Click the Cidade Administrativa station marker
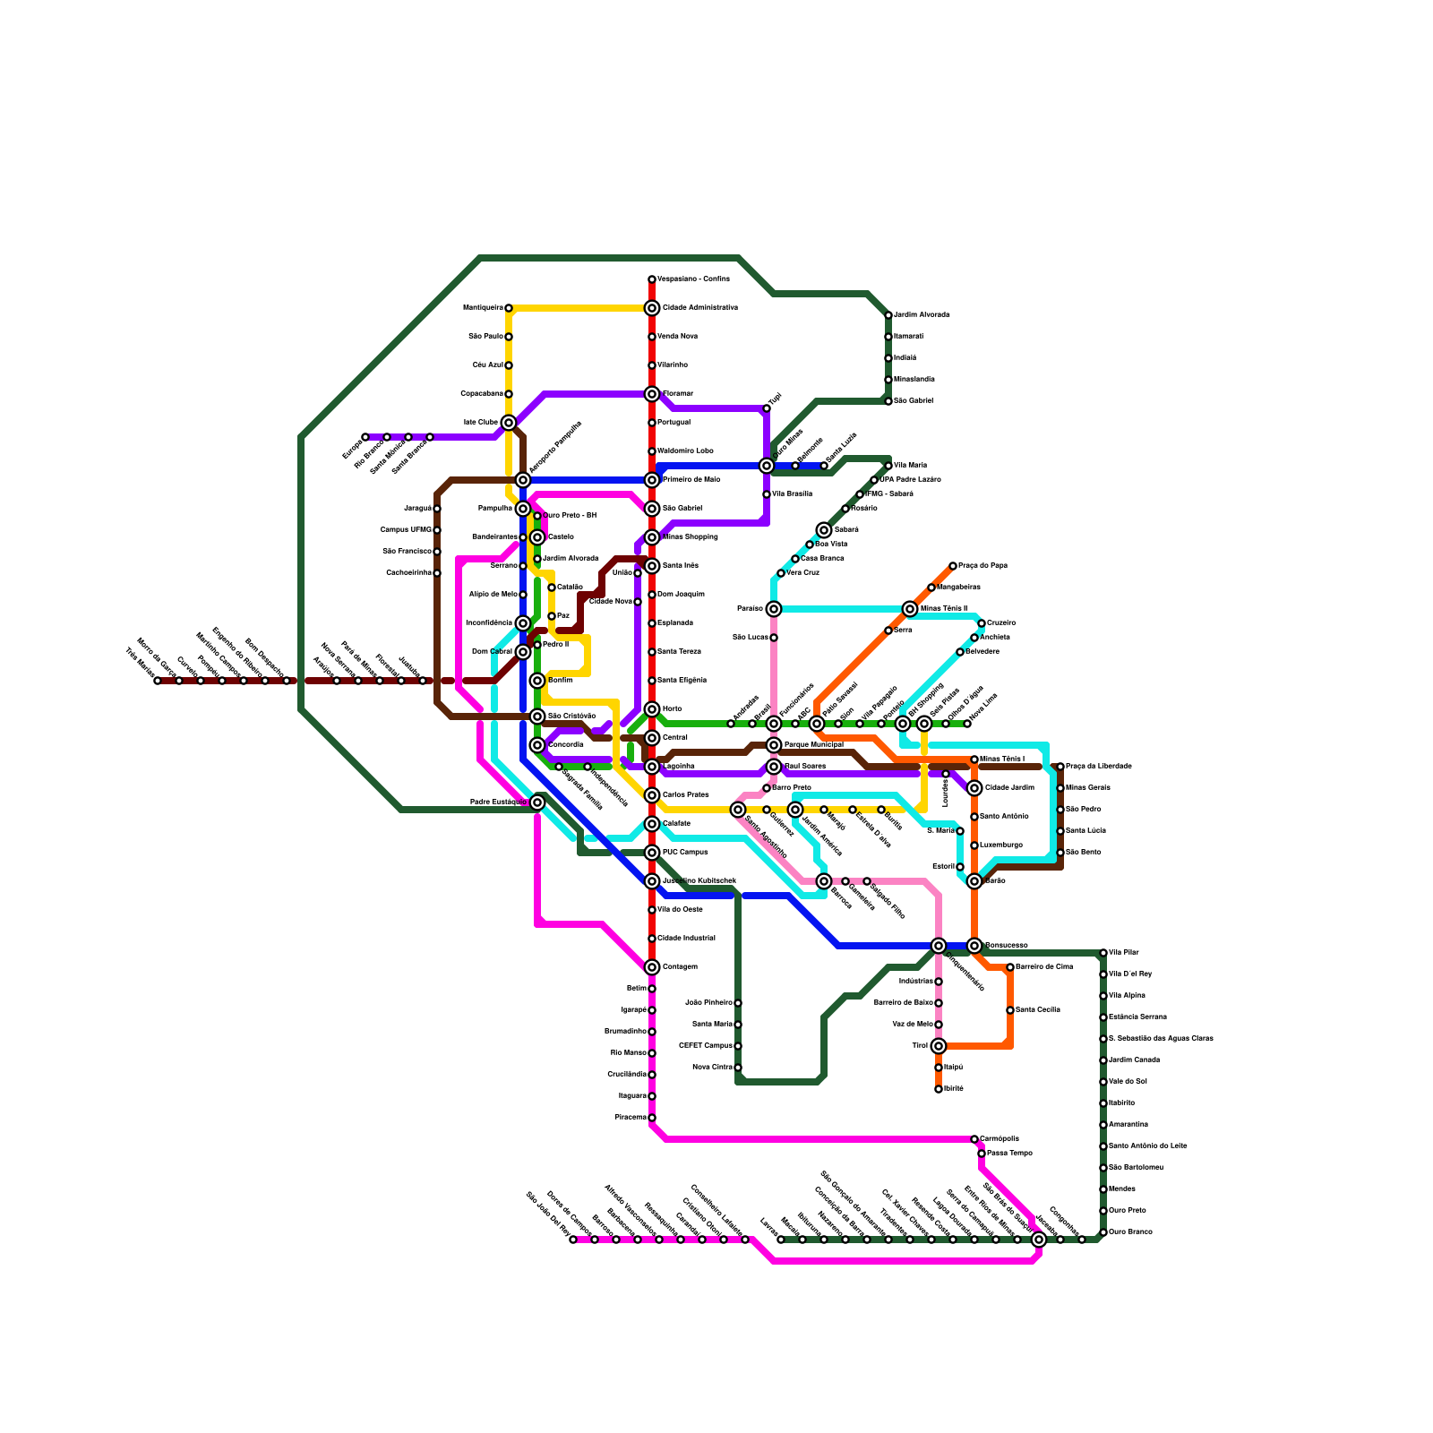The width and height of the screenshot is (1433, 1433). point(652,308)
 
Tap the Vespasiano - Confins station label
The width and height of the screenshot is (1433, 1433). point(693,279)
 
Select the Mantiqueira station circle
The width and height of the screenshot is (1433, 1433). point(509,308)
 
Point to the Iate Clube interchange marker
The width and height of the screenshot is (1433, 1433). point(509,423)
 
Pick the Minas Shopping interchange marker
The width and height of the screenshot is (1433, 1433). point(652,537)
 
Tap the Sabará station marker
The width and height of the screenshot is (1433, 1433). point(824,530)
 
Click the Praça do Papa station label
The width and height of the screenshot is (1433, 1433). point(983,566)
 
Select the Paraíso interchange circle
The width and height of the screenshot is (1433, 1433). point(774,609)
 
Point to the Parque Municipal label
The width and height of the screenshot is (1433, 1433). point(813,745)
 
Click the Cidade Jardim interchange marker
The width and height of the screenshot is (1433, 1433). point(974,788)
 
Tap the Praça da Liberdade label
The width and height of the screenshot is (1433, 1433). point(1099,767)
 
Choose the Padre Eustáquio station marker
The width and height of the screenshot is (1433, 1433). point(537,802)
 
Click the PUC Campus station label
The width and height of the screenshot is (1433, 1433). point(685,853)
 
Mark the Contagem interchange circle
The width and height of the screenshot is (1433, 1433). point(652,967)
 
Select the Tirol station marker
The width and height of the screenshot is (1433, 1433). point(939,1046)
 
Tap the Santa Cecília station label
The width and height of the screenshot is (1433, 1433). point(1038,1010)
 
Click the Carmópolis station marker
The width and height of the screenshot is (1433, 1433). point(974,1139)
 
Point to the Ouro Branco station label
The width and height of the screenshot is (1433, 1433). point(1130,1232)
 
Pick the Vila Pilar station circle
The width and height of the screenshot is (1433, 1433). point(1103,953)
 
